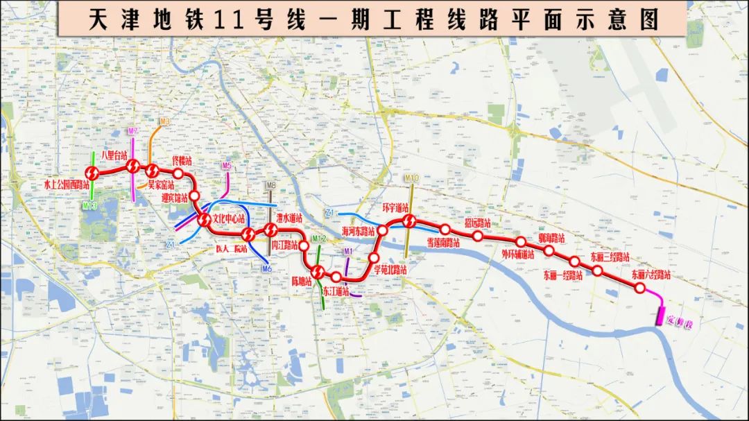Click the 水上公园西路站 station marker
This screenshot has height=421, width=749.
click(x=92, y=172)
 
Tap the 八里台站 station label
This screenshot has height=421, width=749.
click(x=114, y=155)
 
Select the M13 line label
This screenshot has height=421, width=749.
click(x=89, y=205)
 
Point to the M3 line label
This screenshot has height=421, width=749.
click(x=164, y=122)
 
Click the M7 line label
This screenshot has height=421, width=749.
click(x=133, y=132)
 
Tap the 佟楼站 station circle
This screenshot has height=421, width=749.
click(x=178, y=173)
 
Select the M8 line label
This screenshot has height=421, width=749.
click(x=270, y=186)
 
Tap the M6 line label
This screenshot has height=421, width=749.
click(x=266, y=269)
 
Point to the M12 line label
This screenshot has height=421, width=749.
click(x=318, y=239)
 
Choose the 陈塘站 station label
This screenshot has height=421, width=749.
click(x=301, y=281)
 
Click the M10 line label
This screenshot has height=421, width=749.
click(x=412, y=178)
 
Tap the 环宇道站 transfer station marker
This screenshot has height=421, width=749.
click(x=408, y=221)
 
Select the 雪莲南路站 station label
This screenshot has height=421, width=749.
click(x=445, y=243)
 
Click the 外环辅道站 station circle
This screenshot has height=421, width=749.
click(x=521, y=241)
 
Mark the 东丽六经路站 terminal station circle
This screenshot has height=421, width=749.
click(x=641, y=287)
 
